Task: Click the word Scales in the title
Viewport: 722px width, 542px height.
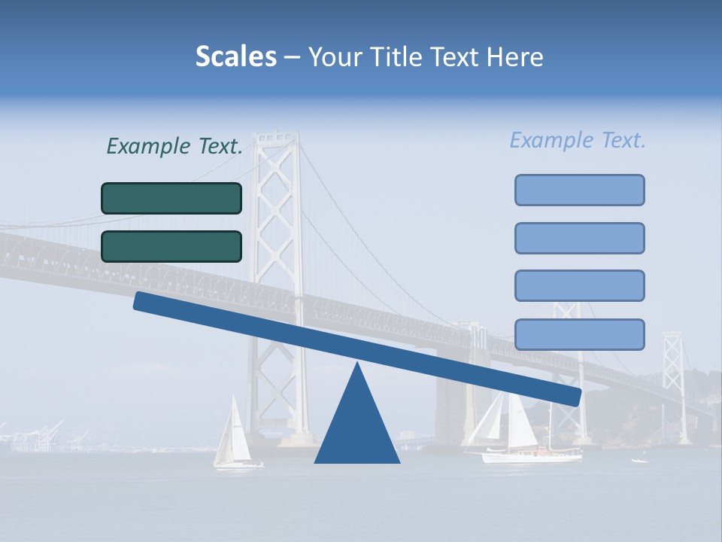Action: pos(235,56)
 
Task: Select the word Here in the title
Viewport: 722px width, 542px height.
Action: pos(514,57)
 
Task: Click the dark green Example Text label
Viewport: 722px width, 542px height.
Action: pos(174,146)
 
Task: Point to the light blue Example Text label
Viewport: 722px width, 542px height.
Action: pos(578,140)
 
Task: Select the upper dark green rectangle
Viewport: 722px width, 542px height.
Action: pos(171,198)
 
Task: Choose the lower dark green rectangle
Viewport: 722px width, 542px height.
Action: pos(171,246)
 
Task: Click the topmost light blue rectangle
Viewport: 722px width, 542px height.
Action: pos(579,190)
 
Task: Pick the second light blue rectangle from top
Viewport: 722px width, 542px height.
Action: pos(579,238)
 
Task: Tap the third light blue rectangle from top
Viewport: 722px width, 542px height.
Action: pos(579,285)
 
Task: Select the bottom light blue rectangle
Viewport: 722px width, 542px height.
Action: pos(579,334)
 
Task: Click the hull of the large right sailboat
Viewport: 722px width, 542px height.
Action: pos(531,455)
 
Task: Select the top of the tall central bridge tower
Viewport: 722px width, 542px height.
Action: pos(275,139)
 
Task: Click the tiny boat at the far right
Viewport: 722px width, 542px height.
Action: pos(639,460)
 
